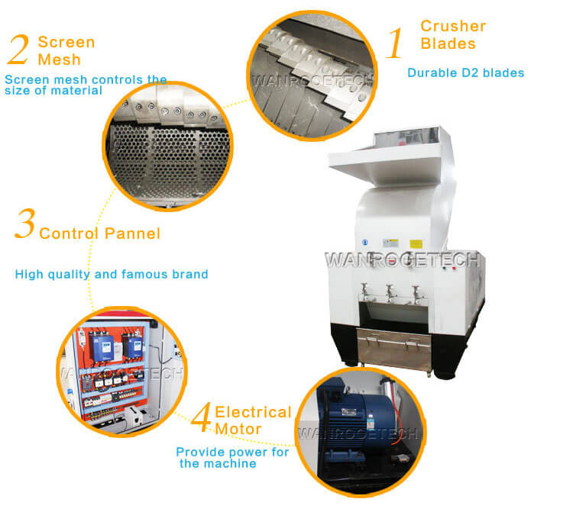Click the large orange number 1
coord(395,43)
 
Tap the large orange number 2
coord(18,50)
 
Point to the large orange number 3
coord(25,223)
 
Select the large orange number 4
coord(202,417)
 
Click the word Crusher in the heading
coord(453,26)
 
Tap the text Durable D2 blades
coord(466,72)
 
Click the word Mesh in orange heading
coord(59,60)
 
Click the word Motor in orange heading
coord(238,429)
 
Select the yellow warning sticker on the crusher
coord(416,243)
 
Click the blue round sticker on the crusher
coord(364,243)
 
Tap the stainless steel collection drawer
coord(394,349)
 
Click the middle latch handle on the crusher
coord(390,293)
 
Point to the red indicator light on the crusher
coord(455,269)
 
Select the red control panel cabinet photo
coord(121,372)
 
